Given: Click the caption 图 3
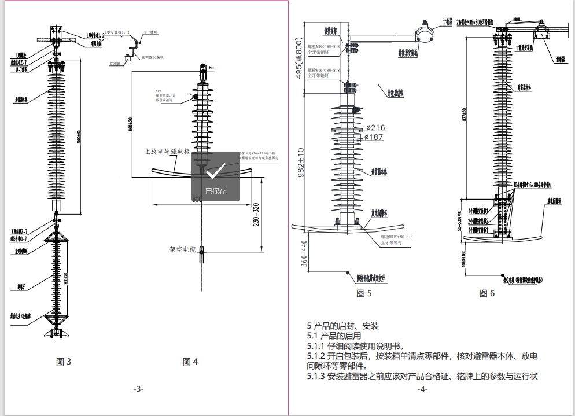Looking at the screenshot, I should [64, 362].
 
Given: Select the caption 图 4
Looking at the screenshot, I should [190, 362].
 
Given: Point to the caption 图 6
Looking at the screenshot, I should [487, 293].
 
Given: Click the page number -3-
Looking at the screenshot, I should [138, 389].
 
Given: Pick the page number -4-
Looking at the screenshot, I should [422, 389].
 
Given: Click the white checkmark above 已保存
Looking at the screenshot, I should [215, 171].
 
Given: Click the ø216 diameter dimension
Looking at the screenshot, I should [375, 127].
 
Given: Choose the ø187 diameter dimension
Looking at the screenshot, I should [374, 137].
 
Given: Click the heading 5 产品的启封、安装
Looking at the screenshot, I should [343, 326].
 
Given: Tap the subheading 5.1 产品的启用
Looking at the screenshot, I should [334, 336].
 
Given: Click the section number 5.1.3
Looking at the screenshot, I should [316, 377].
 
